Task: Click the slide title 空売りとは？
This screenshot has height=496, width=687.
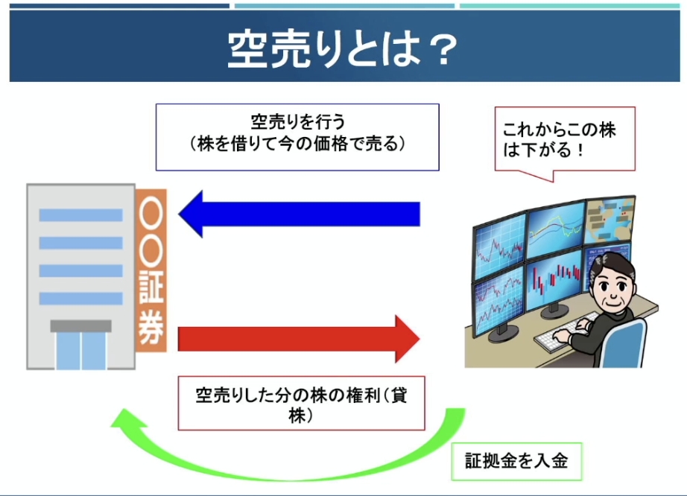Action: (x=343, y=49)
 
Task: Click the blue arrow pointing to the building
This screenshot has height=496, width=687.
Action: (x=300, y=214)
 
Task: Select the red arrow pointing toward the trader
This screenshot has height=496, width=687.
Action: (x=299, y=339)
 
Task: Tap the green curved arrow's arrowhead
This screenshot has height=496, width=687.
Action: (x=129, y=419)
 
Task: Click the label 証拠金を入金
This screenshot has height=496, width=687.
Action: (x=516, y=461)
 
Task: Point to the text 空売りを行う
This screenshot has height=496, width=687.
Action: (x=298, y=121)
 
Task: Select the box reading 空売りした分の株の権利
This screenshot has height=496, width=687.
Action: (x=302, y=403)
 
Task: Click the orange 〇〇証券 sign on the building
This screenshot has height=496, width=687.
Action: (x=151, y=270)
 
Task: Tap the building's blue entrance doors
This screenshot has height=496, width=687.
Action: (x=81, y=350)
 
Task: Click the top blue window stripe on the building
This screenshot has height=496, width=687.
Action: (x=80, y=215)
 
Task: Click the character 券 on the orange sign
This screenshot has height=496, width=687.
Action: (x=151, y=328)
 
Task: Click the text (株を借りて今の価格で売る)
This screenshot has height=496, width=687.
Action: (x=298, y=144)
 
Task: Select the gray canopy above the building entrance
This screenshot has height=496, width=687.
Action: (x=81, y=325)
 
